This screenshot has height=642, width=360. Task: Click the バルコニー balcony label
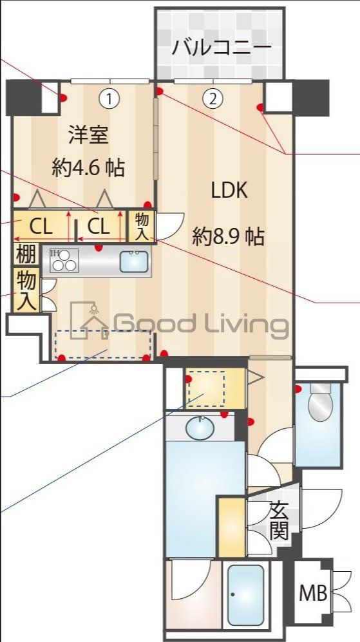click(x=222, y=48)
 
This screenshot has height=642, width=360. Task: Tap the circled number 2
click(x=213, y=99)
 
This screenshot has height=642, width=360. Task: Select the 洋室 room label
click(x=88, y=135)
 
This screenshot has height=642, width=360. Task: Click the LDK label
click(x=229, y=190)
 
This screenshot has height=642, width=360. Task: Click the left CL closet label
click(x=41, y=226)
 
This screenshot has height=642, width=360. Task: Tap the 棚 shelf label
click(x=26, y=254)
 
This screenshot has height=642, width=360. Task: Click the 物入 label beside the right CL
click(x=142, y=226)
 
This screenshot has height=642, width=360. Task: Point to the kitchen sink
click(x=133, y=261)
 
